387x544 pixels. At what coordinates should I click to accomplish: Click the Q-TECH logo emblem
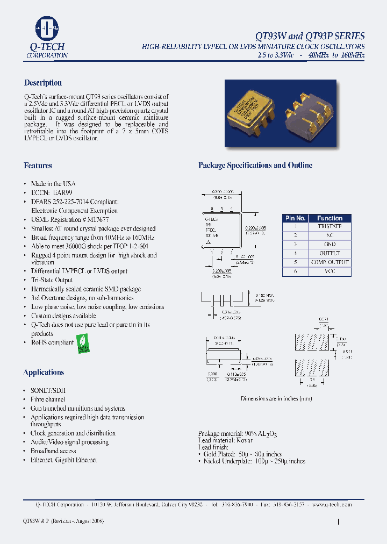point(47,28)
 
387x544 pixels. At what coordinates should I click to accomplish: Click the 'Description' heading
point(43,83)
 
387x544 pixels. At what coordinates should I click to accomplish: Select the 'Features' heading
point(38,166)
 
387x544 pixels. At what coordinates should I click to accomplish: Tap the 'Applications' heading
point(44,372)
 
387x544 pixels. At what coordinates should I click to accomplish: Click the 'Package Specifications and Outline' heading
point(255,165)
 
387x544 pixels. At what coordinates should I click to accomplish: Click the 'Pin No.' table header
point(296,218)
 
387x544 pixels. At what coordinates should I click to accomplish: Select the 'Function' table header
point(329,218)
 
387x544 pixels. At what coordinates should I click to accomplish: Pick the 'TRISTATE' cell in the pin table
point(329,227)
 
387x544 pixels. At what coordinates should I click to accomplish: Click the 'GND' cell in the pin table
point(329,245)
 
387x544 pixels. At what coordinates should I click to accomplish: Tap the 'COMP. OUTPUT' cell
point(329,262)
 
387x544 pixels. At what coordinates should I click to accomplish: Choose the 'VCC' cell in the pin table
point(329,271)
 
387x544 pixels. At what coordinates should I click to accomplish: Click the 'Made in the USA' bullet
point(53,184)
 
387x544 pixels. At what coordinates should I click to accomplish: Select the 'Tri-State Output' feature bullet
point(52,280)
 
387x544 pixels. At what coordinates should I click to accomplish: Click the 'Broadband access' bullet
point(53,451)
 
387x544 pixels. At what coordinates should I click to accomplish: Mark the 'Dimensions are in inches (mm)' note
point(276,398)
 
